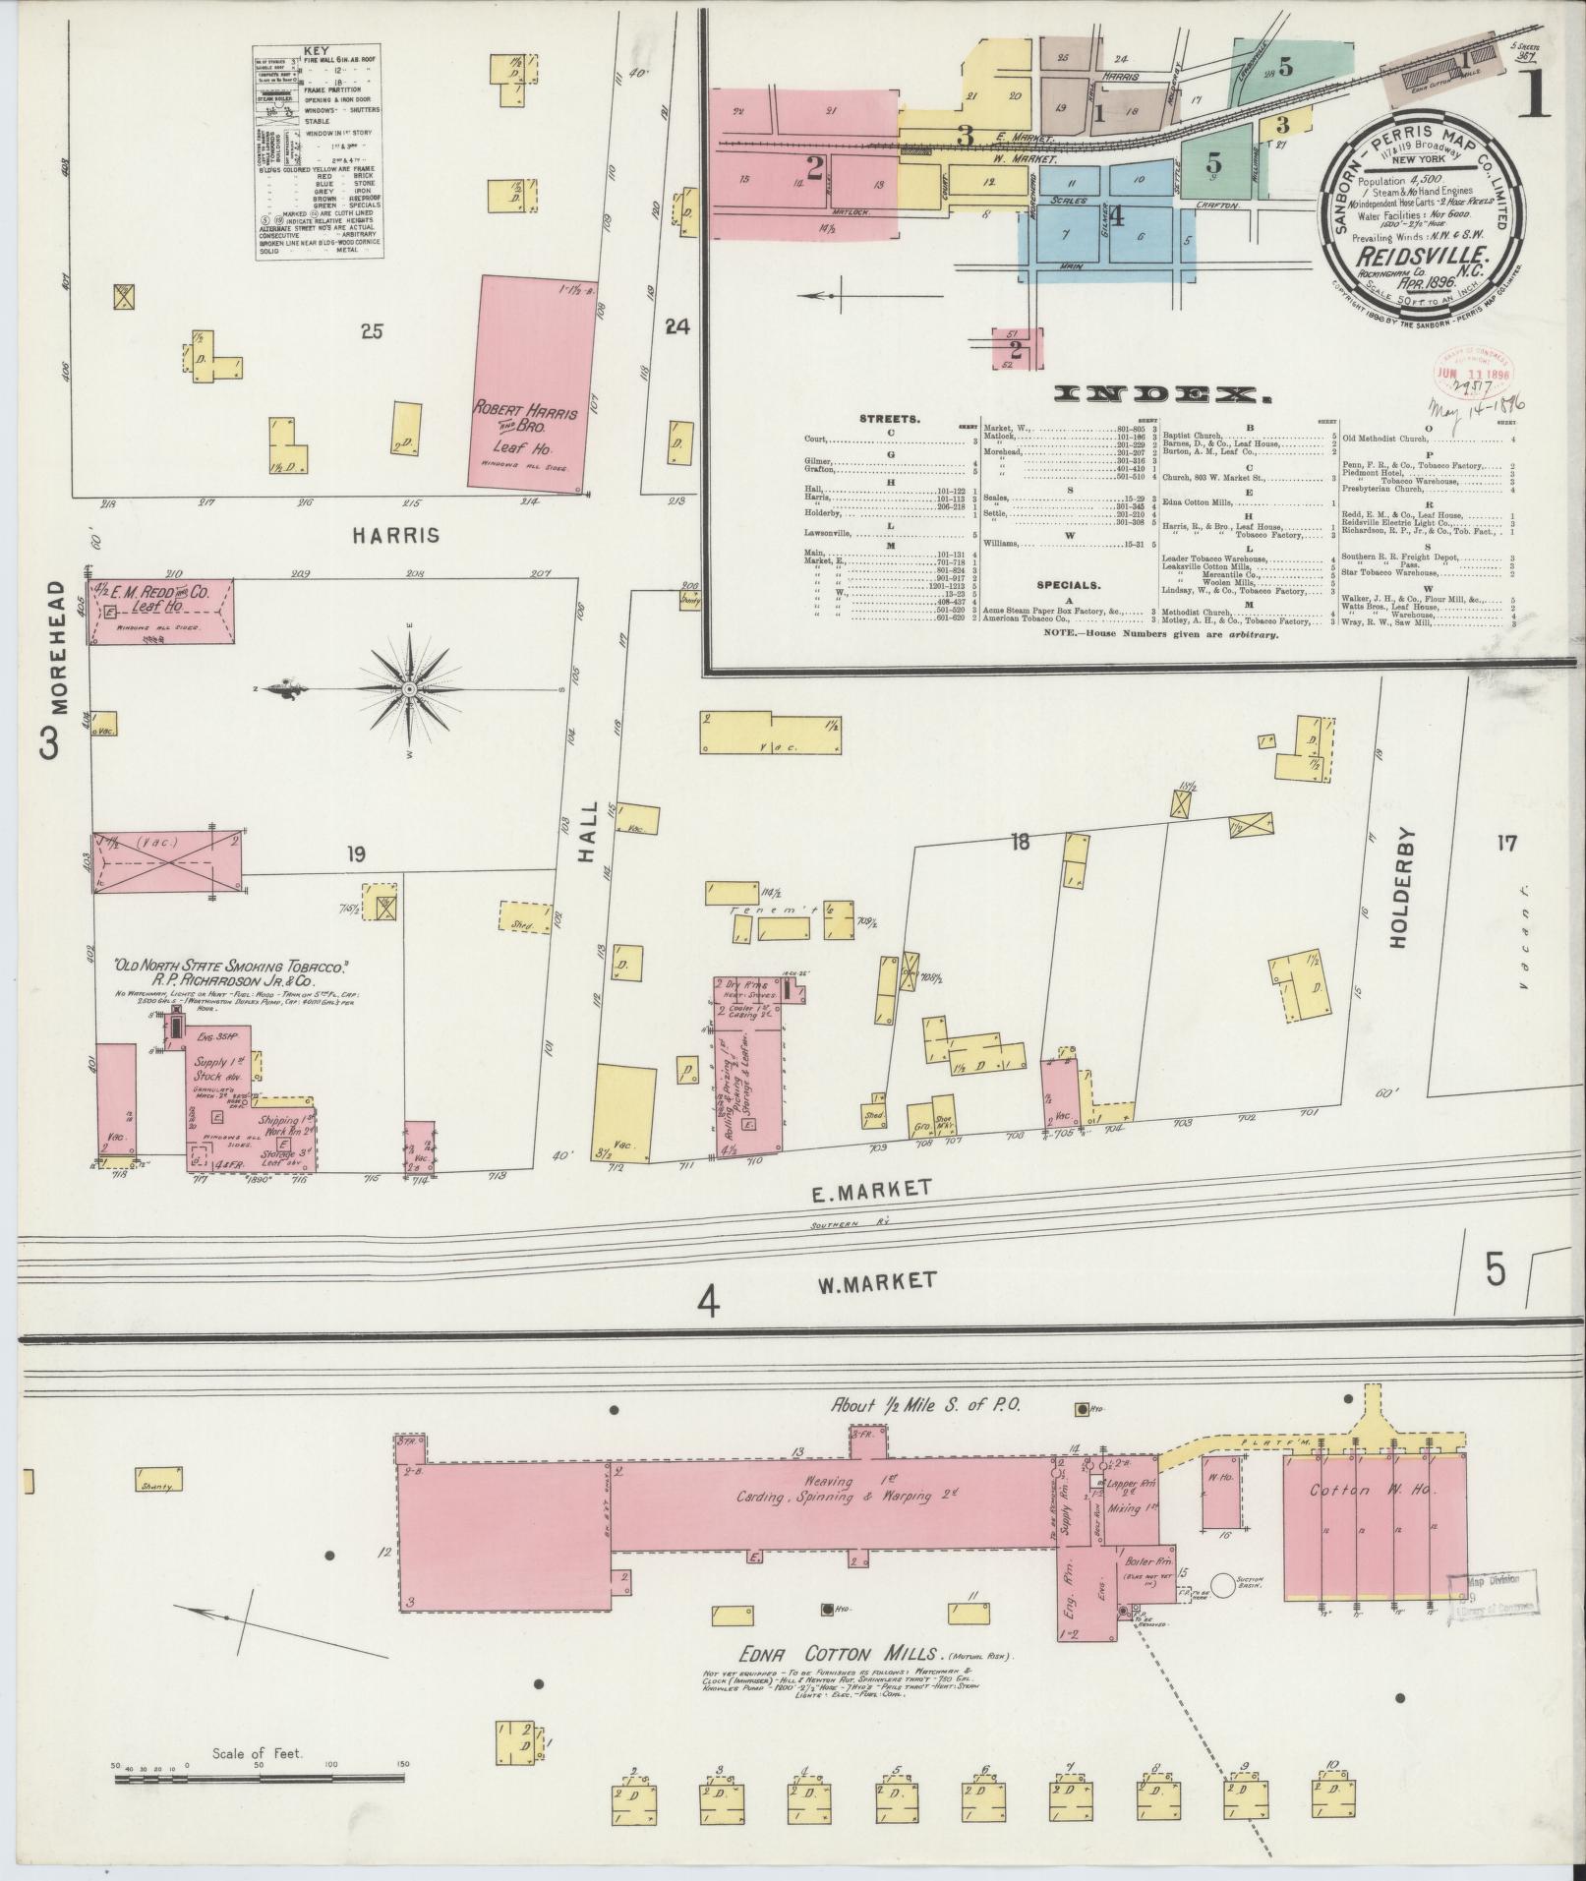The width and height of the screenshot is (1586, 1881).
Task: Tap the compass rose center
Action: tap(408, 689)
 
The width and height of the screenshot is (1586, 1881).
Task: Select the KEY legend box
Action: tap(317, 152)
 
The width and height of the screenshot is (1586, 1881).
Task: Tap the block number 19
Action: tap(355, 854)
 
